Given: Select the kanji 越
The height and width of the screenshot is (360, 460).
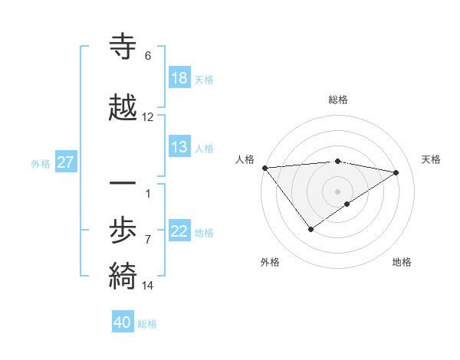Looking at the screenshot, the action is [123, 106].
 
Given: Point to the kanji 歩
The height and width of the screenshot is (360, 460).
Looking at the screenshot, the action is [123, 230].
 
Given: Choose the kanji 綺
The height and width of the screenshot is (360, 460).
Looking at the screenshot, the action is [123, 273].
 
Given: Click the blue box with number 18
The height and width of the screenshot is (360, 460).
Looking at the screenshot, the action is [179, 78].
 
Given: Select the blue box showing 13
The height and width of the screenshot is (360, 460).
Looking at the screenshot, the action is [179, 147].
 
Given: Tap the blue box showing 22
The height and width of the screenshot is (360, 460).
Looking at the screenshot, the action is [179, 231].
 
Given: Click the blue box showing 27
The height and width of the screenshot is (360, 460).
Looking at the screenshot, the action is [65, 162].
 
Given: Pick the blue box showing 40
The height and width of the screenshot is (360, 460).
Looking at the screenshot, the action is [123, 322].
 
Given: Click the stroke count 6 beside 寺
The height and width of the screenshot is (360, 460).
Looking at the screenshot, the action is [148, 56].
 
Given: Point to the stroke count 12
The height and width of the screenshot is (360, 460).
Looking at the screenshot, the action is [148, 117].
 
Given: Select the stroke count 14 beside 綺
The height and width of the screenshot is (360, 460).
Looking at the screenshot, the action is [148, 286].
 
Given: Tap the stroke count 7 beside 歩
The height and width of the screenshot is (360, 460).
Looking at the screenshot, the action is [148, 240].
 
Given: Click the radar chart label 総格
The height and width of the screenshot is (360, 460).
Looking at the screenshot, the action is [338, 100].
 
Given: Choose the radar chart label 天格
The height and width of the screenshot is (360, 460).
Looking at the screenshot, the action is [432, 159].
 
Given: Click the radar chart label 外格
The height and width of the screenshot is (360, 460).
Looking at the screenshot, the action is [270, 262].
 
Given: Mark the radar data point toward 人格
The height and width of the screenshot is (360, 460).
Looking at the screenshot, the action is [264, 168].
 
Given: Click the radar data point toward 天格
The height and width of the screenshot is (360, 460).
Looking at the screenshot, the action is [396, 172].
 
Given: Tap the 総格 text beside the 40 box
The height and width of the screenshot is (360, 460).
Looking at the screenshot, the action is [148, 323].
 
